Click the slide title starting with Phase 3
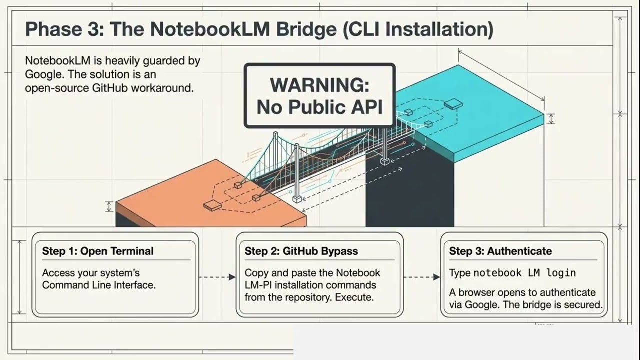pyautogui.click(x=259, y=29)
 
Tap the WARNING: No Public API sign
pyautogui.click(x=319, y=95)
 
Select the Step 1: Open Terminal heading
pyautogui.click(x=98, y=251)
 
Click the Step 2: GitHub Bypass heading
pyautogui.click(x=301, y=251)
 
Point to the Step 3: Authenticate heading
pyautogui.click(x=500, y=251)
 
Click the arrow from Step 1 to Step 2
pyautogui.click(x=217, y=277)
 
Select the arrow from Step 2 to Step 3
pyautogui.click(x=421, y=277)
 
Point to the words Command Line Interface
pyautogui.click(x=99, y=285)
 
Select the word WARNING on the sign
pyautogui.click(x=319, y=85)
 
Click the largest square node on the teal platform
pyautogui.click(x=453, y=104)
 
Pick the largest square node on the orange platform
pyautogui.click(x=212, y=205)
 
